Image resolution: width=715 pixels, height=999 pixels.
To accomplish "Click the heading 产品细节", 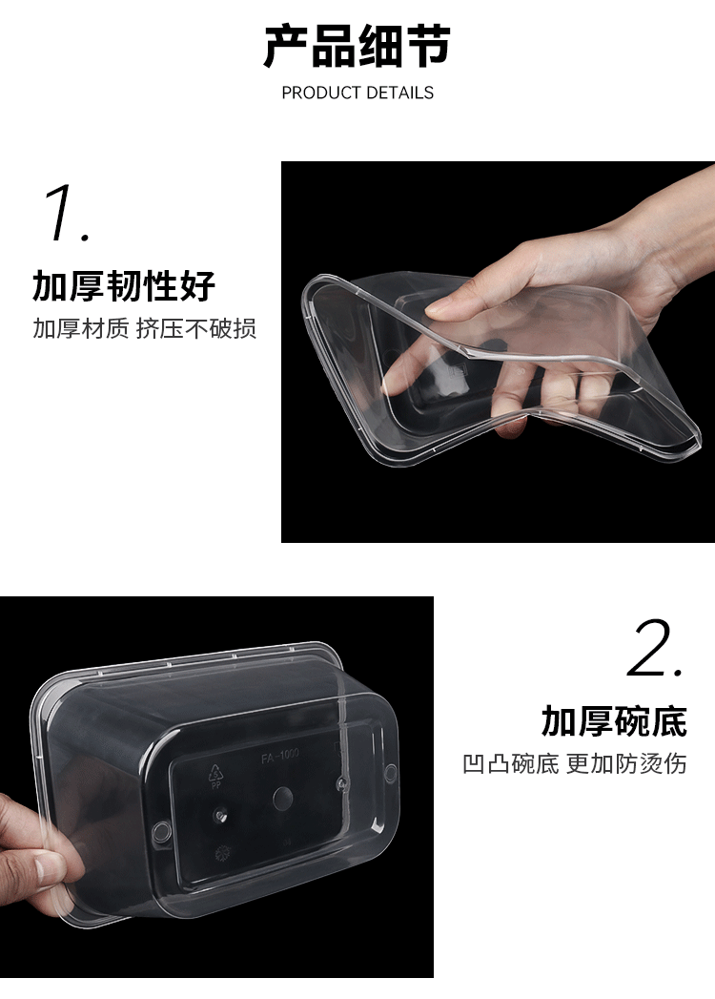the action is click(357, 47).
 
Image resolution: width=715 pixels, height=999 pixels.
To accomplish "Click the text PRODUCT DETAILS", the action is click(357, 93).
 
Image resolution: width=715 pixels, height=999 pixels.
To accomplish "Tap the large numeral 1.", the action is click(66, 213).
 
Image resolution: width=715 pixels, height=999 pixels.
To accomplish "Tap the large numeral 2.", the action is click(656, 648).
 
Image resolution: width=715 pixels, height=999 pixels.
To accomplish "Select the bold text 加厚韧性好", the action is click(124, 285).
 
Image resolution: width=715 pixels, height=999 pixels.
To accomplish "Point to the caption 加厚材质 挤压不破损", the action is click(145, 329).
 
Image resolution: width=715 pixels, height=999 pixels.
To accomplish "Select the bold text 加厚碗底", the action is click(614, 721).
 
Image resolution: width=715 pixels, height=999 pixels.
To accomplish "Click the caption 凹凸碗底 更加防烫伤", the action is click(575, 763).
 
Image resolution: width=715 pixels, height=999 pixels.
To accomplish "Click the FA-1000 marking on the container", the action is click(279, 758).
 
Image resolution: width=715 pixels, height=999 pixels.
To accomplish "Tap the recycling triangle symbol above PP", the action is click(216, 773).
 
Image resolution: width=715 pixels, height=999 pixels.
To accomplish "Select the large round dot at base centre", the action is click(283, 797).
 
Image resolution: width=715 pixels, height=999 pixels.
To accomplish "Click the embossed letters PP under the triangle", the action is click(215, 786).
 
